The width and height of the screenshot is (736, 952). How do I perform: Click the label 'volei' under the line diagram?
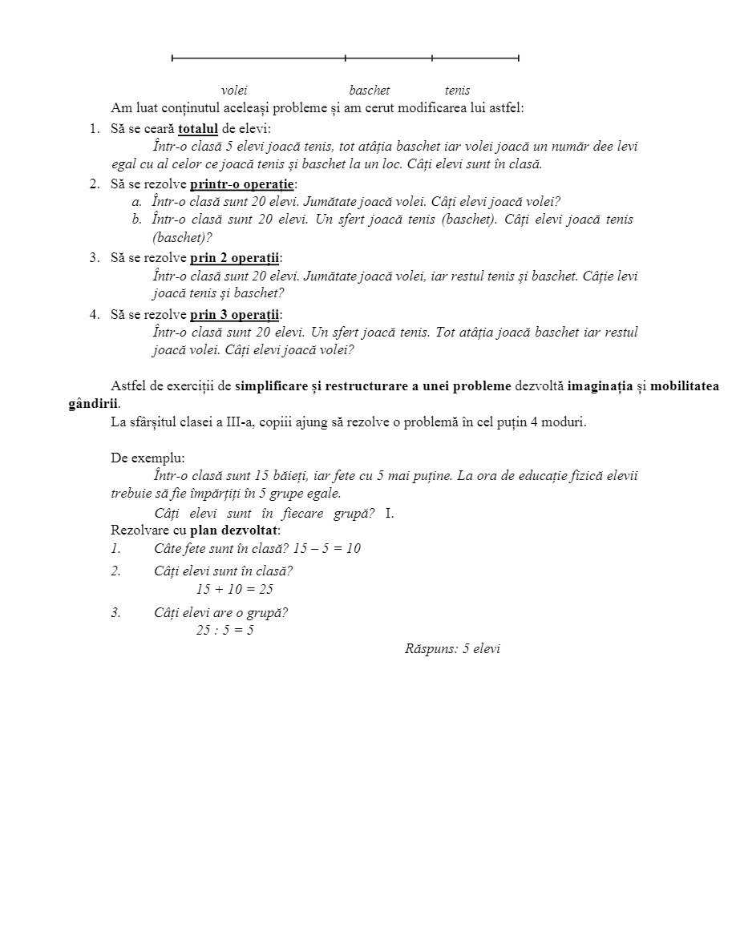(x=234, y=91)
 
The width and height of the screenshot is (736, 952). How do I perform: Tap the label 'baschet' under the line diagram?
(x=370, y=91)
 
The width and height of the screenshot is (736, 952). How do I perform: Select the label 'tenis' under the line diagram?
(x=457, y=91)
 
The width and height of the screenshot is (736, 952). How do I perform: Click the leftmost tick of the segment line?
(x=172, y=58)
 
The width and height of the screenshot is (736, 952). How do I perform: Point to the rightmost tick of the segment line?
(x=519, y=58)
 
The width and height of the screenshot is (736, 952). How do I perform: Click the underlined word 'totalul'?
(x=198, y=129)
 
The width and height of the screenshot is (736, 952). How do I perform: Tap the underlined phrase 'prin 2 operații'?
(x=234, y=258)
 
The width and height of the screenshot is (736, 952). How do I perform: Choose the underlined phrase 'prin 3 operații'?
(x=234, y=314)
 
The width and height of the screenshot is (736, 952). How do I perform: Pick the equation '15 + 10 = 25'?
(x=235, y=589)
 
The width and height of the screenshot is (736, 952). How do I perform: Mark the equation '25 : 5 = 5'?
(x=225, y=630)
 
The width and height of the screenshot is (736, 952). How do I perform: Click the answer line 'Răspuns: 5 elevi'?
(x=452, y=649)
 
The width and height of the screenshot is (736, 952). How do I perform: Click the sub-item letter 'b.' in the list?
(x=137, y=220)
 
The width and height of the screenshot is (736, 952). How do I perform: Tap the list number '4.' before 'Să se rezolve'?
(x=95, y=314)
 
